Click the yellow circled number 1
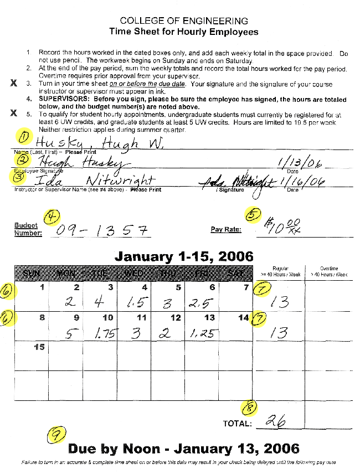[x=24, y=136]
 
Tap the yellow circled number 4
[x=54, y=217]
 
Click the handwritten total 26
[x=275, y=422]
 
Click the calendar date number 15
[x=39, y=347]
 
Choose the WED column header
[x=134, y=273]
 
